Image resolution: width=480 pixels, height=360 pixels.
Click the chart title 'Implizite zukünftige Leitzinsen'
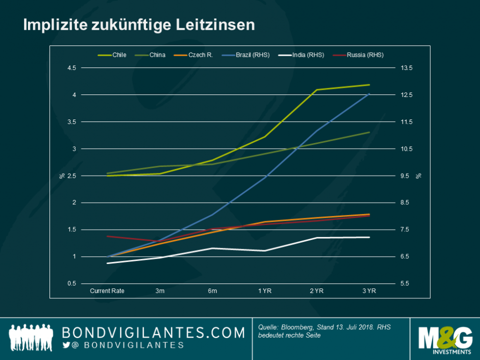138,25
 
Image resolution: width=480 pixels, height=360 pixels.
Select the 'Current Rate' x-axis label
107,291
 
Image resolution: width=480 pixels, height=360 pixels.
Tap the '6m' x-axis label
212,291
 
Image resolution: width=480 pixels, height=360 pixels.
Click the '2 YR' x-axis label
317,291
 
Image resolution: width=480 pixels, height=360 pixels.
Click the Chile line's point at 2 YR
317,90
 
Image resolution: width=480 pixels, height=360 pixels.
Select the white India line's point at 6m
212,248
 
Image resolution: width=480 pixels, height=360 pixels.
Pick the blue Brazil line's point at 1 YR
265,177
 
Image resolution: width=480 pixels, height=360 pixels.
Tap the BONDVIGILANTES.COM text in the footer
153,333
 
